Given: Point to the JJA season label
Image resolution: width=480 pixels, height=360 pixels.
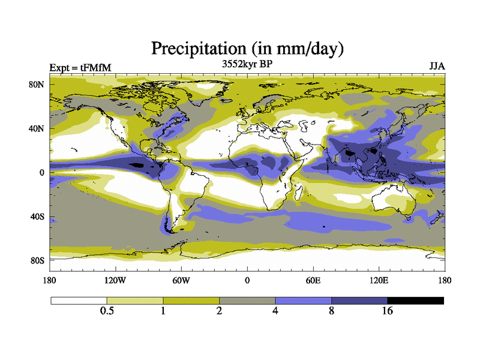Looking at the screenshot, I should point(436,66).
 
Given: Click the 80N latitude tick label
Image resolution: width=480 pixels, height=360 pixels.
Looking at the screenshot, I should point(38,85).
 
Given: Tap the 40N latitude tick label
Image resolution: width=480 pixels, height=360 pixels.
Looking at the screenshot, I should point(38,128).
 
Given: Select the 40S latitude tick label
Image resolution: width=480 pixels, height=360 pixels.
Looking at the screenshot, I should point(38,217).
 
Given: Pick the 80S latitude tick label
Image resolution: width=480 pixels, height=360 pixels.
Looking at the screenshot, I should point(38,260).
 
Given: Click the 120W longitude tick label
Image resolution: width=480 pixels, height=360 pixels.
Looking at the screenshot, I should point(115,280).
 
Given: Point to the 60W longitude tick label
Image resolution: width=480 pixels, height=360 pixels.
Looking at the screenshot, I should point(181,280).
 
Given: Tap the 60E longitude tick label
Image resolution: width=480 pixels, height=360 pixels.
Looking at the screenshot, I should point(313,280).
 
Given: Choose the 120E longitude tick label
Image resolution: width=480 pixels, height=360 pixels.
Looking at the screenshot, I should point(379,280).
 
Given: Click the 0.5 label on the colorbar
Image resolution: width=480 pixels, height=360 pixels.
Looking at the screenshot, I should point(107,311).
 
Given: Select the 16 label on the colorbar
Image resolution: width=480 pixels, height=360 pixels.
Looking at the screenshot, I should point(388,311).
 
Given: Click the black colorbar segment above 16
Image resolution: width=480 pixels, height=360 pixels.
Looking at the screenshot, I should point(416,300).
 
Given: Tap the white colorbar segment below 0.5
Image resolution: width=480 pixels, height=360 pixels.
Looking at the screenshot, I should point(79,300).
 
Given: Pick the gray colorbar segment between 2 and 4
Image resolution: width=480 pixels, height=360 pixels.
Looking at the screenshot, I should point(247,300).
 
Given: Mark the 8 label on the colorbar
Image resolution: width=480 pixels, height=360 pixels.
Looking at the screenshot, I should point(332,311).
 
